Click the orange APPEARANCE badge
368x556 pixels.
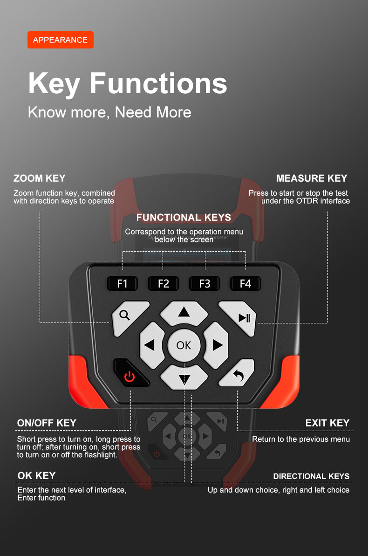61,40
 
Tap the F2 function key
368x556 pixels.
164,283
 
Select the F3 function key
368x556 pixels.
204,283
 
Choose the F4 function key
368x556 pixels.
245,283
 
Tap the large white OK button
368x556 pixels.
184,345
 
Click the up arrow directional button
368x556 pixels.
184,313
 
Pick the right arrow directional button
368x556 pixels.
216,345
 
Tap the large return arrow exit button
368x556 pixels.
237,373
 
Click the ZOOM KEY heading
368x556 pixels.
39,178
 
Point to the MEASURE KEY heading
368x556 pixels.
312,178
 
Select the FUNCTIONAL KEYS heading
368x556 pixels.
184,217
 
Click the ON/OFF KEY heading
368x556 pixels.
47,423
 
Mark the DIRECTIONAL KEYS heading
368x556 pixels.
311,476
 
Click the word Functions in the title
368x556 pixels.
158,83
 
